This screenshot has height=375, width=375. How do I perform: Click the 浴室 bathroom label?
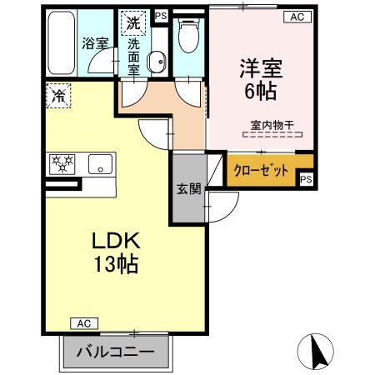94,42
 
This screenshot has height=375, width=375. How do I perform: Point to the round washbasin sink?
155,59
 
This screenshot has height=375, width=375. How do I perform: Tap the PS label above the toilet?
161,15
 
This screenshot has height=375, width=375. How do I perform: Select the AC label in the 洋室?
296,16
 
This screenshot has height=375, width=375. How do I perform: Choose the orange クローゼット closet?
262,170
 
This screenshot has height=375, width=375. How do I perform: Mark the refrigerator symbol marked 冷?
60,96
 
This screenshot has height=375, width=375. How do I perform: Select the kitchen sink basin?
100,164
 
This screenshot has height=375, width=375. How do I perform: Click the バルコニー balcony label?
116,352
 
